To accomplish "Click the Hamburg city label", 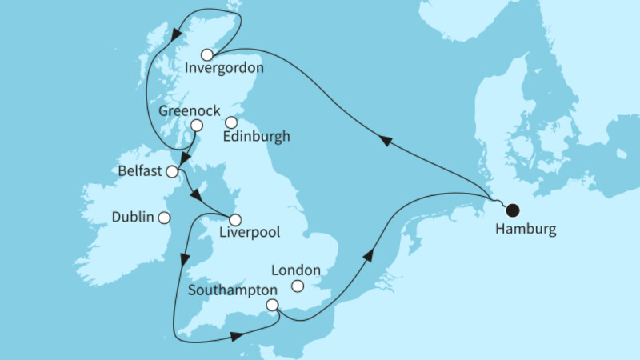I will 525,230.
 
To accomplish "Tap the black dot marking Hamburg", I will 513,210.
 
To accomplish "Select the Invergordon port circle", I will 206,55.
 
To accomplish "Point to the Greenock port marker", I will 196,125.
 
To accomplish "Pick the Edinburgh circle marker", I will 231,122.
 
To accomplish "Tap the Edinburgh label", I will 257,137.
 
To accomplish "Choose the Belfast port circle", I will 171,171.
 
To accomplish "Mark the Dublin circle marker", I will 164,217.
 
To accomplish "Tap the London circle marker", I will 298,286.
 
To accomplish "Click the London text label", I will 296,270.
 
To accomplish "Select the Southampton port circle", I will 273,305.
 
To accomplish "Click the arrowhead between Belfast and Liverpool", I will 197,195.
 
